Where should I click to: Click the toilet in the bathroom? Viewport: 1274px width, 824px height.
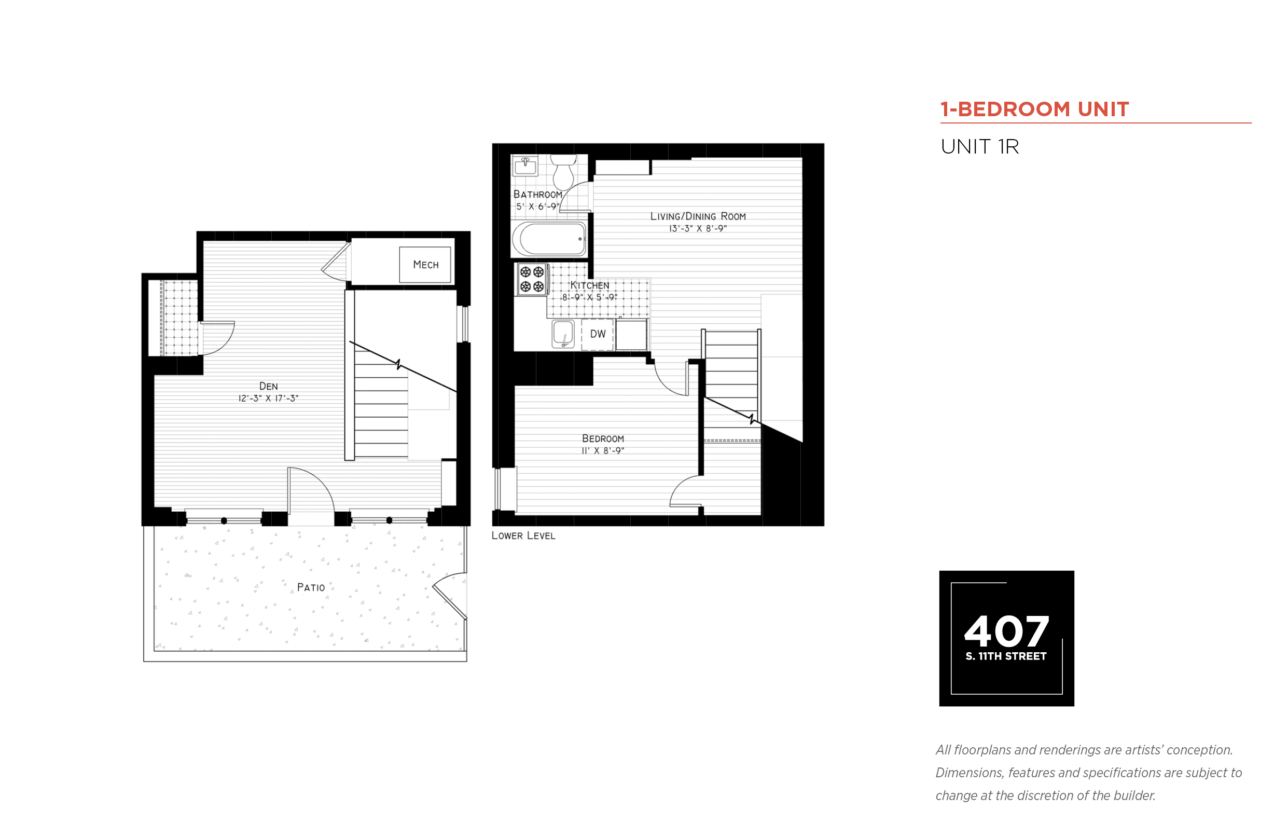[x=564, y=172]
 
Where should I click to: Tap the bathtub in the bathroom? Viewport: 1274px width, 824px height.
[x=549, y=239]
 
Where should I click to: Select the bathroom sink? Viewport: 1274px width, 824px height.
[x=526, y=166]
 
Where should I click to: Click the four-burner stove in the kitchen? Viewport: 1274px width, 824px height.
[x=532, y=279]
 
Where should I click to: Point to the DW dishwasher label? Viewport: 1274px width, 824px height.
[x=598, y=334]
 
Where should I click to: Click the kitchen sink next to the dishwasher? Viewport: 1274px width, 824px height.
[x=563, y=334]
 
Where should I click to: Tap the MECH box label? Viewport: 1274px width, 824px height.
[x=426, y=265]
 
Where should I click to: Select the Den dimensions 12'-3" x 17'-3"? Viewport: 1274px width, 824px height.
[x=269, y=399]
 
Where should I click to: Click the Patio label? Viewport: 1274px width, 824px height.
[x=311, y=587]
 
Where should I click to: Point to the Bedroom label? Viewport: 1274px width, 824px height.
[x=603, y=439]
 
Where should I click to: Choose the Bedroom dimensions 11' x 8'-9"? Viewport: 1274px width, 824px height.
[x=603, y=451]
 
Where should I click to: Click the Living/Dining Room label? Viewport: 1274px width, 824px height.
[x=698, y=217]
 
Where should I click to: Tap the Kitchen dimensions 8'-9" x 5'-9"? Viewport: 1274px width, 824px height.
[x=589, y=297]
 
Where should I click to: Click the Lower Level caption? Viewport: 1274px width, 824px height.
[x=523, y=535]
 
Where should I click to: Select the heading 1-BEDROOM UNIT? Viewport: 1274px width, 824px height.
[x=1034, y=109]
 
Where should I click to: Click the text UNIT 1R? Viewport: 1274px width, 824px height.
[x=980, y=147]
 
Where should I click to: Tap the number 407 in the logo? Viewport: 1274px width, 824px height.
[x=1006, y=631]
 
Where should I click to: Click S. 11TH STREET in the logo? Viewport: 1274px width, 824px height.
[x=1006, y=656]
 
